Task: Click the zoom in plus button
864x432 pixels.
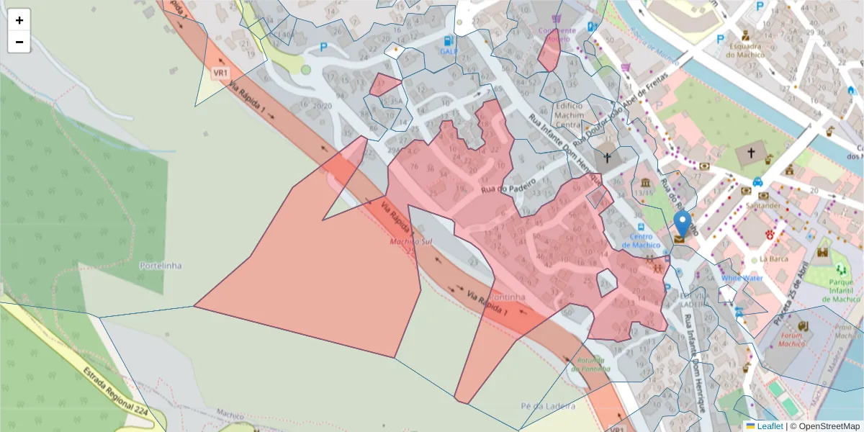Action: tap(19, 20)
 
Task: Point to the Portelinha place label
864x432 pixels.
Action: tap(160, 265)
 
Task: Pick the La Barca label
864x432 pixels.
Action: tap(771, 258)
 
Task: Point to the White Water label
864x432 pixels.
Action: tap(742, 278)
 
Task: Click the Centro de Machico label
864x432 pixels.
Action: tap(641, 240)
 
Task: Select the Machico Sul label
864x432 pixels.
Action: tap(410, 241)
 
